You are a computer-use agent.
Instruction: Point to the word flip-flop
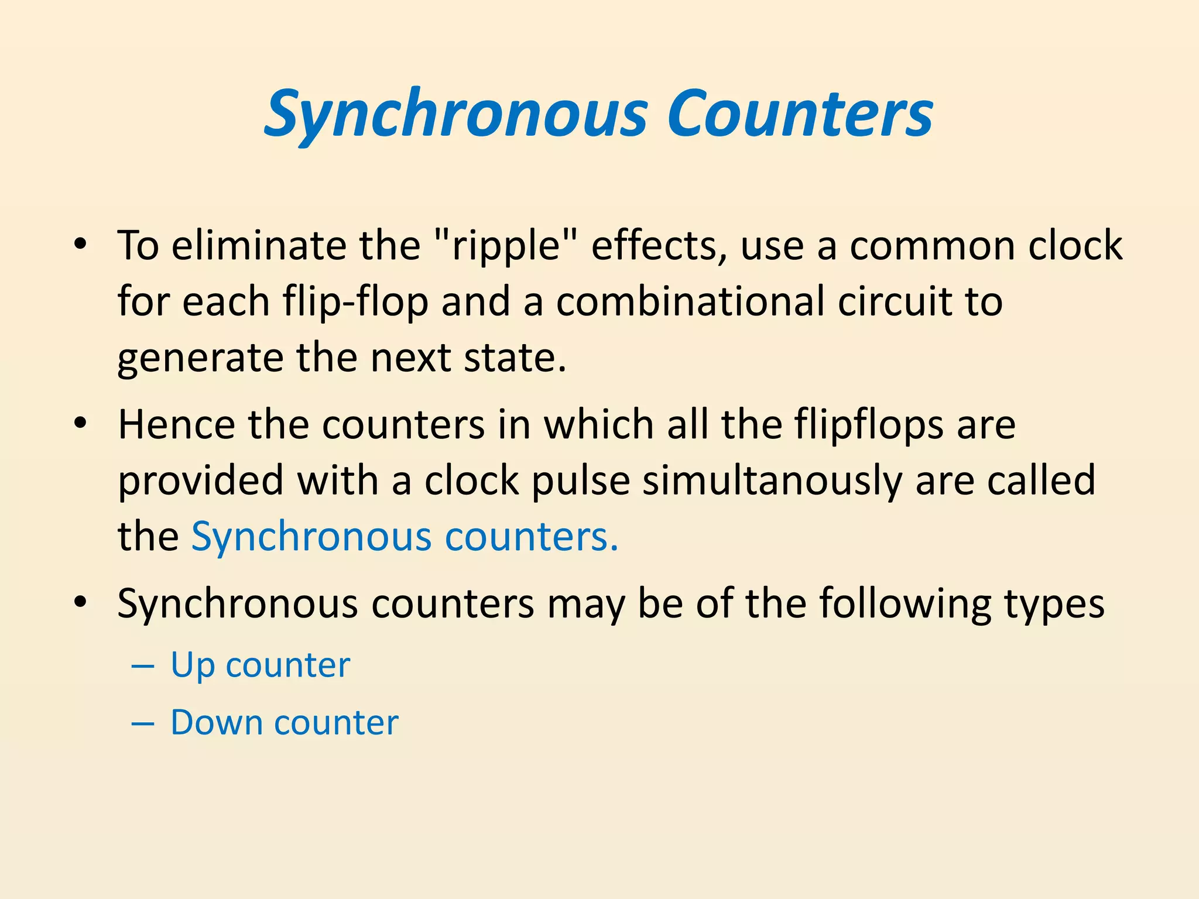tap(355, 302)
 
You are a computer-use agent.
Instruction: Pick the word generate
tap(200, 358)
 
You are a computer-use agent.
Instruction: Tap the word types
tap(1054, 603)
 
